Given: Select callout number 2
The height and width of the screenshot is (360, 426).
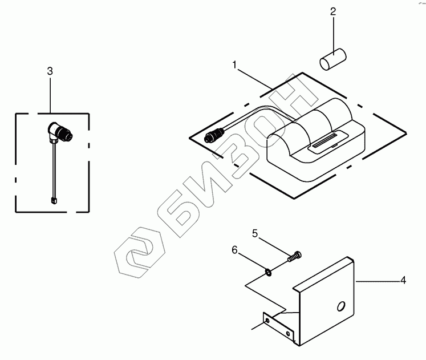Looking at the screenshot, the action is [333, 11].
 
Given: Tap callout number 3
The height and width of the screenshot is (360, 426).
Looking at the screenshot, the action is [50, 71].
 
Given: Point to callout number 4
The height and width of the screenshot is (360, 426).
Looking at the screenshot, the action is [403, 280].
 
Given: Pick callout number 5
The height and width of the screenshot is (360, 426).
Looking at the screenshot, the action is [255, 233].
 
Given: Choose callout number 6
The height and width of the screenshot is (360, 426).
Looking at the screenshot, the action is [234, 249].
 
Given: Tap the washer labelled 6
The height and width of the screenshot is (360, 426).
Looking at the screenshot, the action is [269, 269].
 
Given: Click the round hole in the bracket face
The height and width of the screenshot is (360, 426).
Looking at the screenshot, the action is [340, 306].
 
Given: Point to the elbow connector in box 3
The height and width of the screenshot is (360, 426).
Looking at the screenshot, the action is [59, 133].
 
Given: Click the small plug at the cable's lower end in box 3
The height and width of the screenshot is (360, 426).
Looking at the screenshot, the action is [54, 199].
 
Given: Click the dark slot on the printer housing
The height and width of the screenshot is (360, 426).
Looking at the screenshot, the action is [323, 147].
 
